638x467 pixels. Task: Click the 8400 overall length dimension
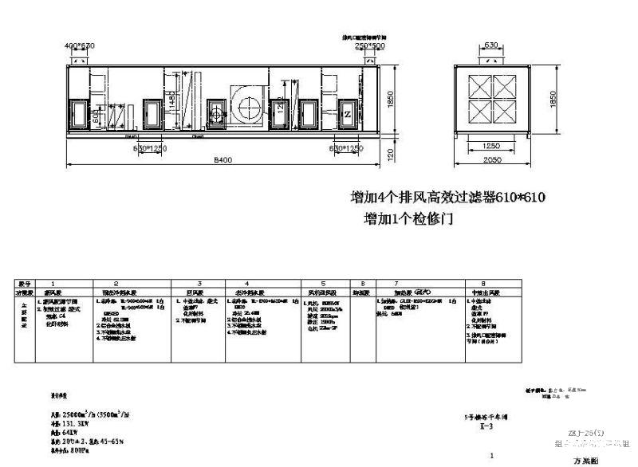[x=223, y=160]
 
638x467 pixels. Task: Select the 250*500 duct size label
[x=369, y=45]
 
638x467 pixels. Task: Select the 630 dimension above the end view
[x=491, y=46]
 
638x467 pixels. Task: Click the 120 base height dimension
[x=391, y=154]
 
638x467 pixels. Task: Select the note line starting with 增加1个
[x=408, y=218]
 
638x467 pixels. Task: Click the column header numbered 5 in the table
[x=323, y=283]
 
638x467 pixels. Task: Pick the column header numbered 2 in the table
[x=116, y=283]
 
